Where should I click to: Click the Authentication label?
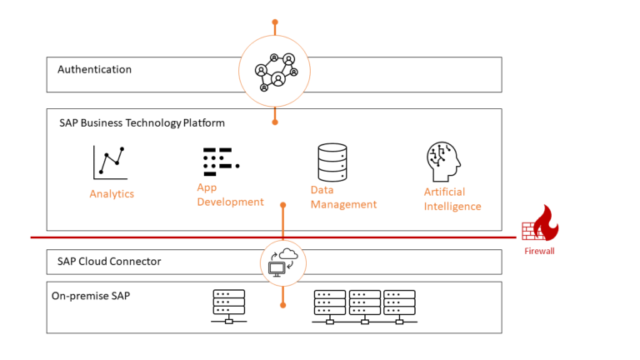[x=94, y=70]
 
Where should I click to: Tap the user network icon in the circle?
[x=274, y=72]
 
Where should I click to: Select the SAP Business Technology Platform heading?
[x=142, y=122]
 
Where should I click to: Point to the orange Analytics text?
[x=112, y=194]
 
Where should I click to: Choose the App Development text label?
[x=230, y=195]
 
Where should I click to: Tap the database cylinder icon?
[x=332, y=162]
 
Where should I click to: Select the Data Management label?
[x=343, y=197]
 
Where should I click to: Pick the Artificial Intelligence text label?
[x=452, y=199]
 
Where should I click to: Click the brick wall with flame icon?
[x=540, y=226]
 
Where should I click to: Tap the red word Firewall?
[x=539, y=251]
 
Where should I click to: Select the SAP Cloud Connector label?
[x=109, y=262]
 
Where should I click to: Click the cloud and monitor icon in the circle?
[x=282, y=262]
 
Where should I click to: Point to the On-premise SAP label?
[x=96, y=295]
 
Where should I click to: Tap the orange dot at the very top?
[x=275, y=22]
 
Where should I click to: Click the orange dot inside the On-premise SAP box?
[x=282, y=305]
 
